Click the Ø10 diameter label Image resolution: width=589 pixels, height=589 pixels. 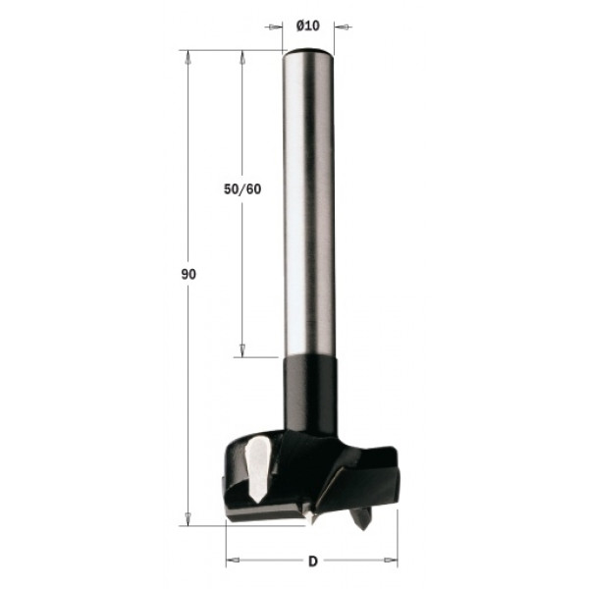(307, 26)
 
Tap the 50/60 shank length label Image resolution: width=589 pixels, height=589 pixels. (242, 189)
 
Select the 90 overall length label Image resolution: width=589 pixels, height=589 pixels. (188, 275)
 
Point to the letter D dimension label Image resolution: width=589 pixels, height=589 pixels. (312, 562)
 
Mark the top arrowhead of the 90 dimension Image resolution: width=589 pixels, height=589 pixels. (187, 57)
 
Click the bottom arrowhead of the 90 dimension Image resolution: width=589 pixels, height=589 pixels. (187, 518)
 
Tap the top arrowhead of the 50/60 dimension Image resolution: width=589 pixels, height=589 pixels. (242, 57)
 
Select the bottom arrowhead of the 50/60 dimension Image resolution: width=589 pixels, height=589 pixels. (242, 350)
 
